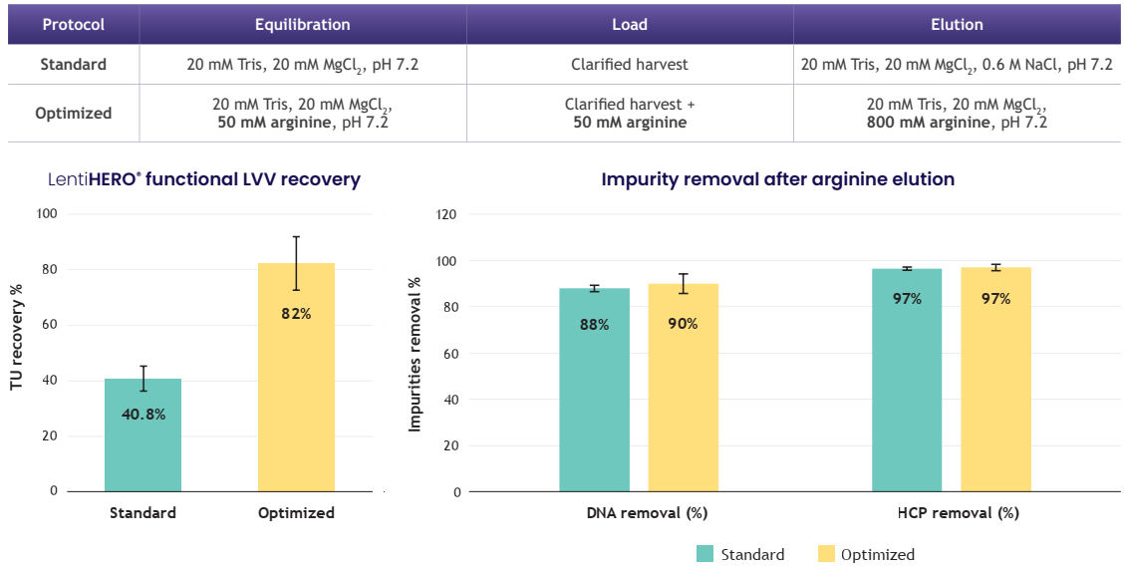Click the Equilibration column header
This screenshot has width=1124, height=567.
302,25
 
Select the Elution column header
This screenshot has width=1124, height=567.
957,25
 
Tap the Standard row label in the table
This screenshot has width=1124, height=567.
74,65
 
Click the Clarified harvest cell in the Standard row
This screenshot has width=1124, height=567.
629,65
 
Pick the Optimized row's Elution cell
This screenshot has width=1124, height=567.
957,113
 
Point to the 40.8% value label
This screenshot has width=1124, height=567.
142,414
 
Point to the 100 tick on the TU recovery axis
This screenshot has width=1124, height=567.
48,213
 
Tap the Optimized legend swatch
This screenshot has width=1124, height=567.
826,554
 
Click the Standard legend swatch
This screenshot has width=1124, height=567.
705,554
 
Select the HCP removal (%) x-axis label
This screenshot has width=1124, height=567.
952,513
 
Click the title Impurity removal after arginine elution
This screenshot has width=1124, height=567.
777,179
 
